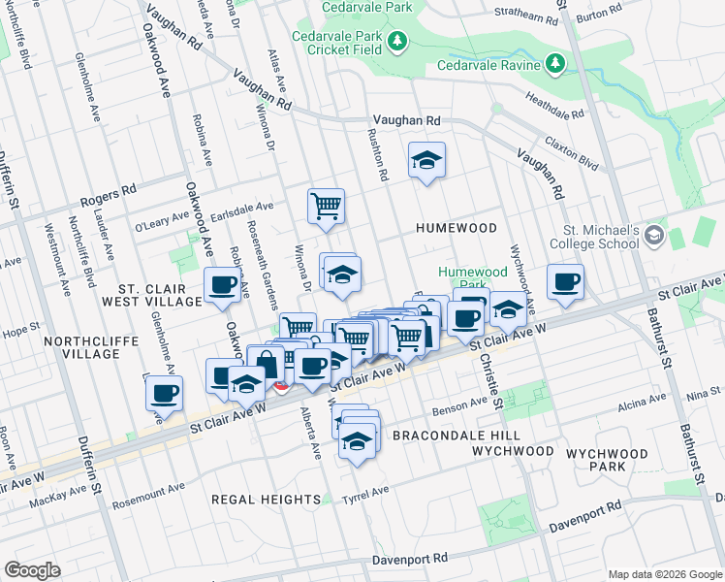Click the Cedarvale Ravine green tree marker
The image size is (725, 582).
coord(554,65)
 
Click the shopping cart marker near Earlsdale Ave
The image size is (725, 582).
coord(326,205)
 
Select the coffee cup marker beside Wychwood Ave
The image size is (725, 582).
coord(565,281)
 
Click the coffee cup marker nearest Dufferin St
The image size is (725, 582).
coord(164,393)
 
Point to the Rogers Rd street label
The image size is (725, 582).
coord(105,197)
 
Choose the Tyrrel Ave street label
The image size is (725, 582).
coord(365,495)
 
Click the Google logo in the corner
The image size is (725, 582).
coord(32,570)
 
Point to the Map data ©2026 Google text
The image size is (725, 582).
coord(663,573)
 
